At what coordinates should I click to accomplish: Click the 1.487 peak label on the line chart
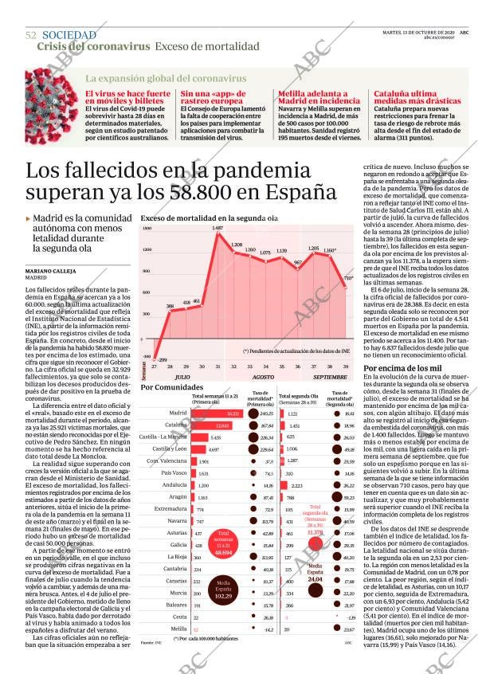(218, 229)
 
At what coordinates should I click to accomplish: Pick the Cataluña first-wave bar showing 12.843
(206, 425)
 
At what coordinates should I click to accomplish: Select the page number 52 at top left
(31, 36)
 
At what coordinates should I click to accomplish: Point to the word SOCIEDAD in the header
(69, 36)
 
